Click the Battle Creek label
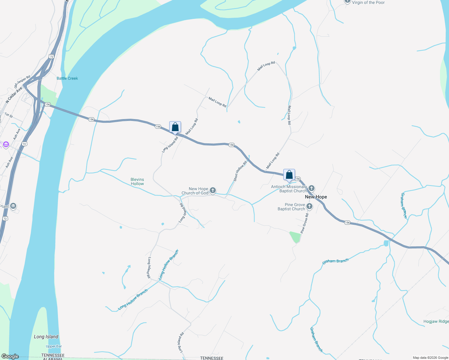pos(67,78)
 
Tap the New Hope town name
pos(316,197)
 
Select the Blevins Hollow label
pos(137,181)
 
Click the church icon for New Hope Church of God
pos(213,190)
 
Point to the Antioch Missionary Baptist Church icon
pos(312,188)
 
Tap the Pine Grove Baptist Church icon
pos(309,206)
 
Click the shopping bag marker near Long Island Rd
pos(175,127)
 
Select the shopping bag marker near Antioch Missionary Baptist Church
pos(289,175)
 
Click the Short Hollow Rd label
pos(240,171)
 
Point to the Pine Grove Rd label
pos(304,223)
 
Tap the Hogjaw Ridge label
pos(436,321)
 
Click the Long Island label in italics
pos(46,337)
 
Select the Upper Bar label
pos(54,346)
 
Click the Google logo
pos(10,356)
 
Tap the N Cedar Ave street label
pos(14,95)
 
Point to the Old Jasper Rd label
pos(22,82)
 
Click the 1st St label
pos(9,115)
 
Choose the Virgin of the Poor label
pos(368,2)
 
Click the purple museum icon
pos(6,145)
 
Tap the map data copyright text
pos(430,358)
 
